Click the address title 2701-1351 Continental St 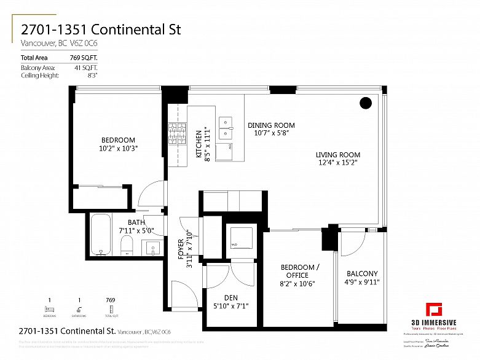pyautogui.click(x=101, y=29)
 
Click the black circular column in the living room pyautogui.click(x=366, y=103)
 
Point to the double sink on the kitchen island pyautogui.click(x=226, y=127)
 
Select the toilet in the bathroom pyautogui.click(x=127, y=246)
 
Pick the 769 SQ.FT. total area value pyautogui.click(x=87, y=58)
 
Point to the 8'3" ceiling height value pyautogui.click(x=93, y=75)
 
